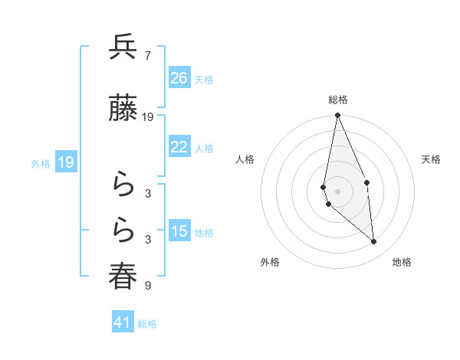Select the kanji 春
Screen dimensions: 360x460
click(123, 277)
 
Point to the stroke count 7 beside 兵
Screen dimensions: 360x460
click(147, 56)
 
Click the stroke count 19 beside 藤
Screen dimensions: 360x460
click(148, 117)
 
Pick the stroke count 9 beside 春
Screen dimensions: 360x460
click(147, 286)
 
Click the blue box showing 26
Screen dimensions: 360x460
click(179, 78)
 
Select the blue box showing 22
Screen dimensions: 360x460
click(179, 147)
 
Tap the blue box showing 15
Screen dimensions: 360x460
click(179, 231)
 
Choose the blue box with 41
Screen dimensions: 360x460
click(123, 322)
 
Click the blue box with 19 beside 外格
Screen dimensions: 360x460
click(65, 162)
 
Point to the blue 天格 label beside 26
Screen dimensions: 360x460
click(204, 79)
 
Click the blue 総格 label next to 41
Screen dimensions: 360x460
click(147, 323)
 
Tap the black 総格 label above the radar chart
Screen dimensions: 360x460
click(338, 100)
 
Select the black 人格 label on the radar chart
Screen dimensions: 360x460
click(245, 159)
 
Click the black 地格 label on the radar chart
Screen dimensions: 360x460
click(402, 262)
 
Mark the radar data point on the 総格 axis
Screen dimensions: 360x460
click(337, 116)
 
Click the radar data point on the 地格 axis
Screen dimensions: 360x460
click(373, 241)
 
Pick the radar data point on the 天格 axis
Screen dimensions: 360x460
click(367, 182)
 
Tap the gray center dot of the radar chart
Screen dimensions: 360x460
click(337, 191)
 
